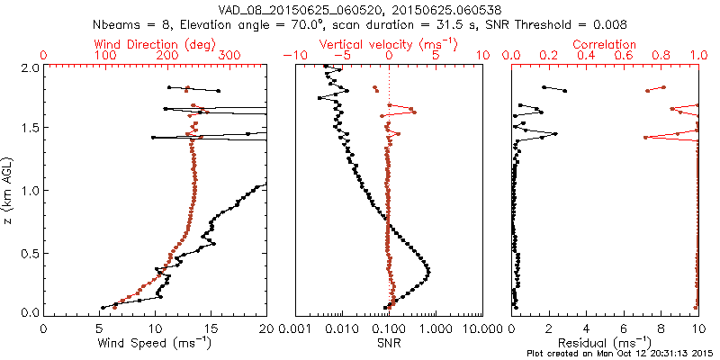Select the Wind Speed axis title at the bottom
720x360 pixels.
155,343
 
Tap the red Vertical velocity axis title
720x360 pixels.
389,43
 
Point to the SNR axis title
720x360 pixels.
389,343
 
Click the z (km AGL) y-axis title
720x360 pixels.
8,190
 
